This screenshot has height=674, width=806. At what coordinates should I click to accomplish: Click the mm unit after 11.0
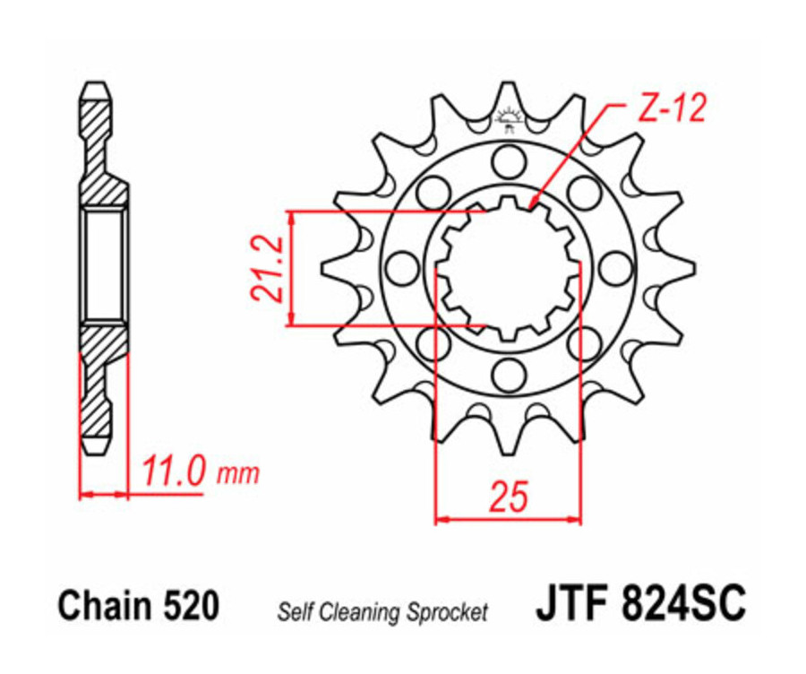coord(237,475)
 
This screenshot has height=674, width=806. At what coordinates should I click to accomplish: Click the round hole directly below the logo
coord(508,161)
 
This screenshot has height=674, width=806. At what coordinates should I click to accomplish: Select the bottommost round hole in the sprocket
coord(508,372)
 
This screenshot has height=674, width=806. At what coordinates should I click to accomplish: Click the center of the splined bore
coord(508,268)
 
